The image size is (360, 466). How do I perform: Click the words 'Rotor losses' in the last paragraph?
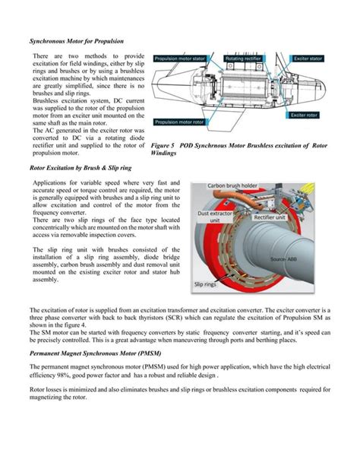point(46,390)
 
